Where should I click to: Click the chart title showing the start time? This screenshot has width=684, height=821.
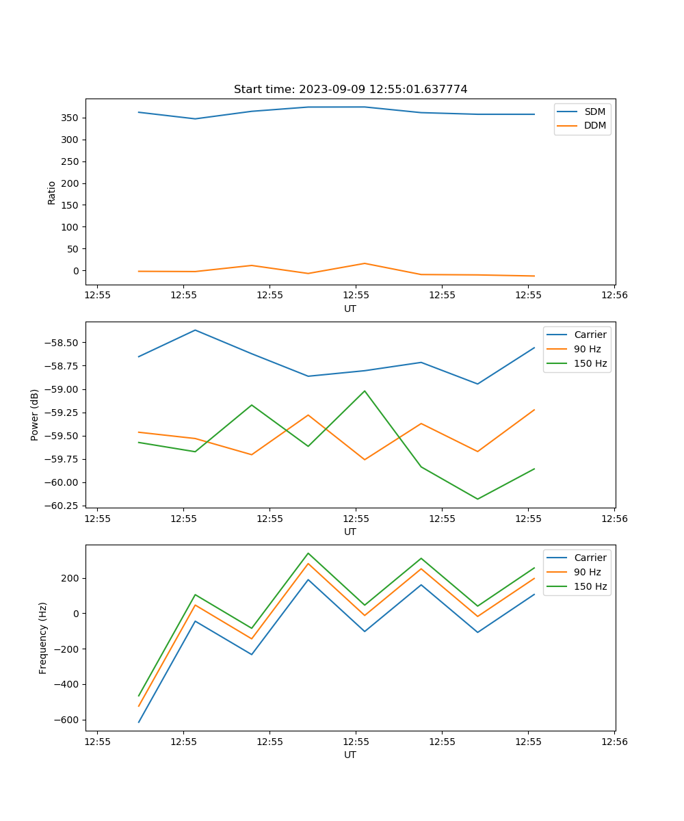[x=350, y=90]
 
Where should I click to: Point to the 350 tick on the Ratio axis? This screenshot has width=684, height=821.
[x=72, y=118]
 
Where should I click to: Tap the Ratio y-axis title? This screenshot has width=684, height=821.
[x=52, y=192]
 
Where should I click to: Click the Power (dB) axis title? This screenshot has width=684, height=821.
[x=35, y=415]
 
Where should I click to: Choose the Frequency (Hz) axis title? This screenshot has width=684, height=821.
[x=43, y=638]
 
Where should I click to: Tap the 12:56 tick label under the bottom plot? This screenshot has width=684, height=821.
[x=614, y=741]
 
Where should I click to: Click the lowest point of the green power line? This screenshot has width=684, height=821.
[x=477, y=499]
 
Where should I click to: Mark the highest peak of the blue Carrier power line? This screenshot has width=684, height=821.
[x=195, y=330]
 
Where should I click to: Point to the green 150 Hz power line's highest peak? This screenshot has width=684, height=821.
[x=365, y=391]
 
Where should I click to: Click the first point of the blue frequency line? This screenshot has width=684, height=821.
[x=139, y=722]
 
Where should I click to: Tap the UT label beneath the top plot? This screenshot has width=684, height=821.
[x=350, y=309]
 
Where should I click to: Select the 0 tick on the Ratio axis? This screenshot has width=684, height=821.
[x=76, y=271]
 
